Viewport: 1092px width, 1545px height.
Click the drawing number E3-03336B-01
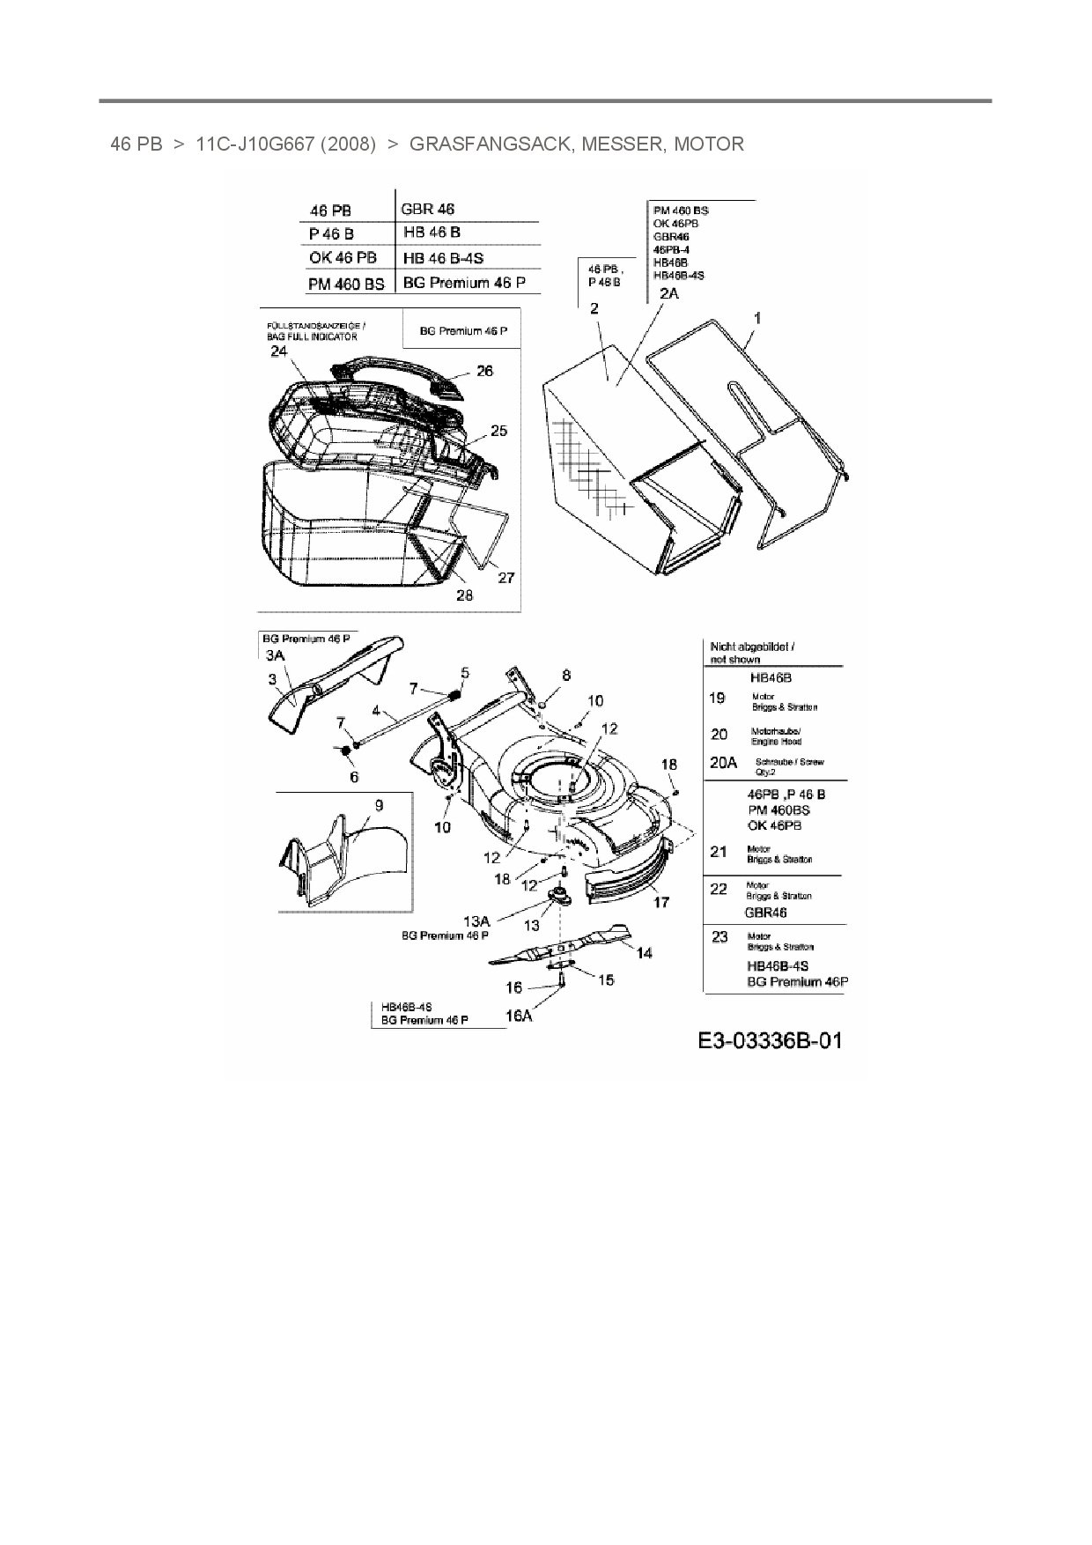[x=770, y=1040]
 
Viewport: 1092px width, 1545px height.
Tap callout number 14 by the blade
[x=645, y=952]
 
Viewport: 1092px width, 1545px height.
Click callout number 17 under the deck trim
[x=660, y=901]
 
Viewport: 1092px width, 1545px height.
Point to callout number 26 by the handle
[x=484, y=371]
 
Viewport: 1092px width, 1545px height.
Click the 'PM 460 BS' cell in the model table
[x=346, y=284]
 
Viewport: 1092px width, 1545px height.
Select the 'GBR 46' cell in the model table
[x=428, y=209]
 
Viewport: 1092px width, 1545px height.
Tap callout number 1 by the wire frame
[x=757, y=318]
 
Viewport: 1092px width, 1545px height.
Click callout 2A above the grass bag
[x=669, y=293]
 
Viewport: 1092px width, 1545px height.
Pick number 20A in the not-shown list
[x=723, y=763]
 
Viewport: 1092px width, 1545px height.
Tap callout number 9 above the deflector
[x=379, y=805]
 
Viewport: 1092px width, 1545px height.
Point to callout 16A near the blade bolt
[x=519, y=1016]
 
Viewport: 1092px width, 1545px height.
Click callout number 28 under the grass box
[x=464, y=595]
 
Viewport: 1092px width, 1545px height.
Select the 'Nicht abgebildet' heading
[x=752, y=647]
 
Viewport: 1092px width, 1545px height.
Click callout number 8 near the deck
[x=566, y=675]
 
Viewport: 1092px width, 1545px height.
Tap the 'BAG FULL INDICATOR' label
[x=312, y=336]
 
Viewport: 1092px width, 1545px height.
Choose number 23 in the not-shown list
[x=719, y=936]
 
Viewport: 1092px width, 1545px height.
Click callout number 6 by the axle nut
[x=354, y=776]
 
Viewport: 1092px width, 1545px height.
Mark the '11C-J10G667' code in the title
[x=254, y=144]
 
